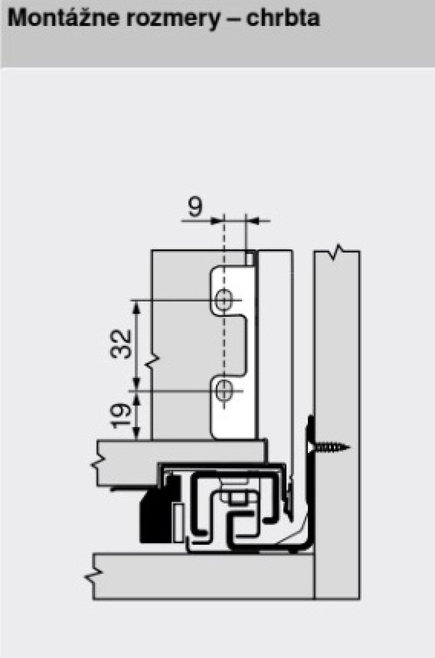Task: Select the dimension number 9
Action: [x=195, y=207]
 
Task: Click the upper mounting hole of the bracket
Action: [x=224, y=300]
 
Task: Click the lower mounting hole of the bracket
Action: [x=224, y=391]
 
